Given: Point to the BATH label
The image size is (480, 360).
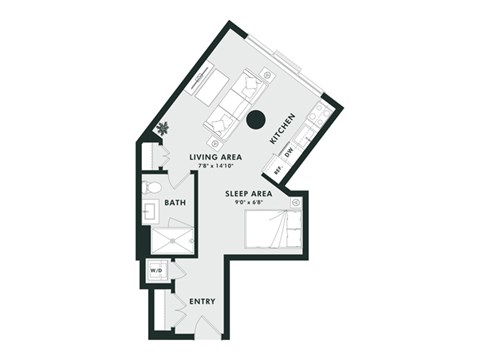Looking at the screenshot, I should (x=175, y=202).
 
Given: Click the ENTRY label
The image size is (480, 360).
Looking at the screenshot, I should (x=203, y=300).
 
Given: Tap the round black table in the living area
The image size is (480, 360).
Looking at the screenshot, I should (x=256, y=120).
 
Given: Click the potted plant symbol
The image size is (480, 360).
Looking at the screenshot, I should (x=162, y=128).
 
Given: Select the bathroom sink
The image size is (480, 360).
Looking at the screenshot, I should (x=150, y=212).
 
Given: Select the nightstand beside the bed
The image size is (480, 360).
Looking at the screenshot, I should (x=296, y=203).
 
